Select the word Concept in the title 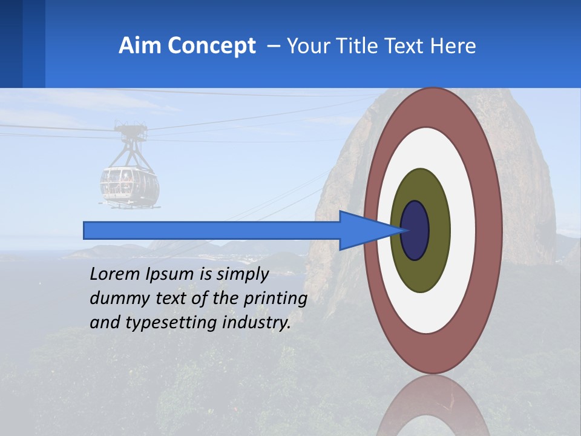pos(212,46)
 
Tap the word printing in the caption pos(276,299)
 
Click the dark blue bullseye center pos(415,231)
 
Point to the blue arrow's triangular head pos(363,231)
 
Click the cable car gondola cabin pos(130,185)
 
